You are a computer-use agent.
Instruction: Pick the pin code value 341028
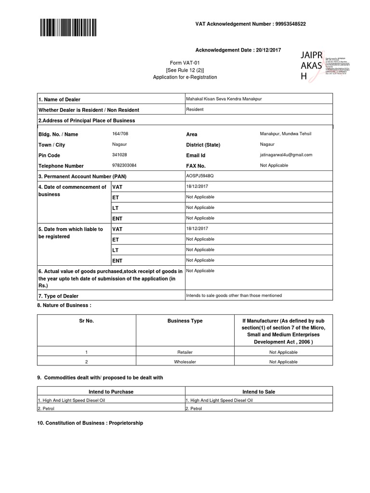[x=119, y=155]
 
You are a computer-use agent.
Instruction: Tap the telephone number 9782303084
[x=124, y=166]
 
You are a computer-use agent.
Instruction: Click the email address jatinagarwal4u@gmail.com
[x=286, y=155]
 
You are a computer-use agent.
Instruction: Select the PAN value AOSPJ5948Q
[x=199, y=176]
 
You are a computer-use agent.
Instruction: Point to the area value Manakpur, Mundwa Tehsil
[x=286, y=134]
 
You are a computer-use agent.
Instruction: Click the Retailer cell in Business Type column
[x=185, y=352]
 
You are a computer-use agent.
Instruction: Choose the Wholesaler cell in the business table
[x=185, y=362]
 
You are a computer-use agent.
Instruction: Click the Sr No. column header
[x=87, y=321]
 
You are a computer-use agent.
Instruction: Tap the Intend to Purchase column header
[x=111, y=392]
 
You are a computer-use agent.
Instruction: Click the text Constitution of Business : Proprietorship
[x=90, y=423]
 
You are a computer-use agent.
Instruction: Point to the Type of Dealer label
[x=58, y=296]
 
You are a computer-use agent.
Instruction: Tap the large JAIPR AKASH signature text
[x=311, y=65]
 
